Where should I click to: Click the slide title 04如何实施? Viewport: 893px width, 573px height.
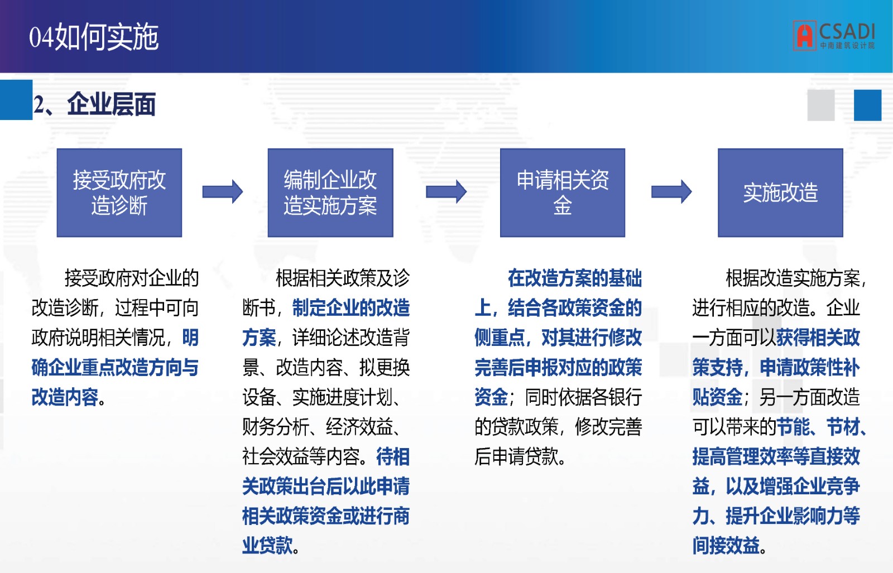tap(94, 37)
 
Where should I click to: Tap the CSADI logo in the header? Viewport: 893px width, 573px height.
tap(834, 36)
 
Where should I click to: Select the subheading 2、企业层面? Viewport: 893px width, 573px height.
tap(94, 104)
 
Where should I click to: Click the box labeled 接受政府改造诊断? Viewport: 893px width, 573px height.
tap(119, 193)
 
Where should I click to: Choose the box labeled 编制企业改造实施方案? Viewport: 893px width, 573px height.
tap(330, 193)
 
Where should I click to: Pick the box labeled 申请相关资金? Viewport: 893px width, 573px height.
tap(563, 193)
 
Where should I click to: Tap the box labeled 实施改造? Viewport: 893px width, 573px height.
tap(781, 193)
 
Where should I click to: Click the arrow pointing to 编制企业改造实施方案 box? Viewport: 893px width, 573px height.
tap(223, 192)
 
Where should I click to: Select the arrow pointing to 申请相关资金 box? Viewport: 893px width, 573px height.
tap(446, 192)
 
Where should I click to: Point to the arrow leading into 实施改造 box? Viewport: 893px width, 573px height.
tap(672, 192)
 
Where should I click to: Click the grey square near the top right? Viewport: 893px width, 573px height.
tap(821, 105)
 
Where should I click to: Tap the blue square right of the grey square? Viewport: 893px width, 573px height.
tap(867, 105)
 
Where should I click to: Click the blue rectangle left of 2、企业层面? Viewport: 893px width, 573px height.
tap(16, 100)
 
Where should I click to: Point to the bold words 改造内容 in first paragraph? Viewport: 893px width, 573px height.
tap(65, 397)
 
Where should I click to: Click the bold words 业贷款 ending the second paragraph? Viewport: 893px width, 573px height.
tap(267, 546)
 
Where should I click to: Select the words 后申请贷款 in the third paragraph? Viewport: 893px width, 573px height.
tap(516, 456)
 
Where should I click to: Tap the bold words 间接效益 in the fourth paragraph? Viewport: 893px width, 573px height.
tap(726, 546)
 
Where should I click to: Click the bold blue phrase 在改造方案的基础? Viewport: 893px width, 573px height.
tap(575, 278)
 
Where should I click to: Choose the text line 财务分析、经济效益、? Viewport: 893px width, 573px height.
tap(321, 427)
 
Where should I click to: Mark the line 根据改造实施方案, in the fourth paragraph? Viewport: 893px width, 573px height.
tap(796, 278)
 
